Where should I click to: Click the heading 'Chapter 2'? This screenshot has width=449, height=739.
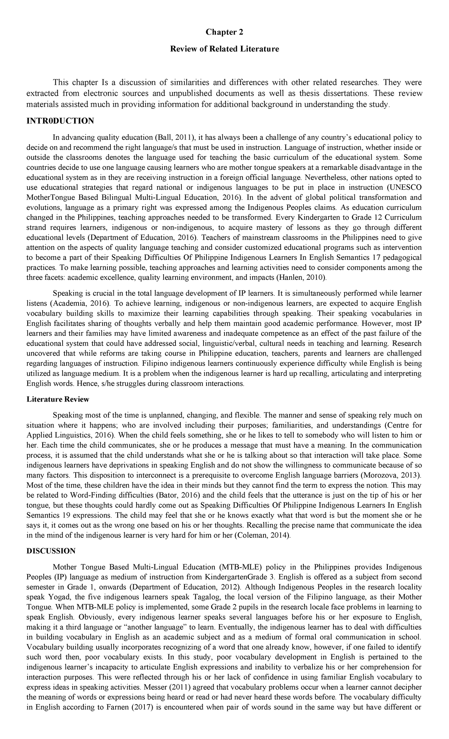(x=224, y=32)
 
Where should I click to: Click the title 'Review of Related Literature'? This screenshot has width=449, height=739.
(x=224, y=49)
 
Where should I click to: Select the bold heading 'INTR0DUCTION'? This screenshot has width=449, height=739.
(x=60, y=121)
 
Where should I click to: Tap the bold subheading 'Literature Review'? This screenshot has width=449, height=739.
(x=58, y=399)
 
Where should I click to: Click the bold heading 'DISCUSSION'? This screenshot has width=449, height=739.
(x=51, y=551)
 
